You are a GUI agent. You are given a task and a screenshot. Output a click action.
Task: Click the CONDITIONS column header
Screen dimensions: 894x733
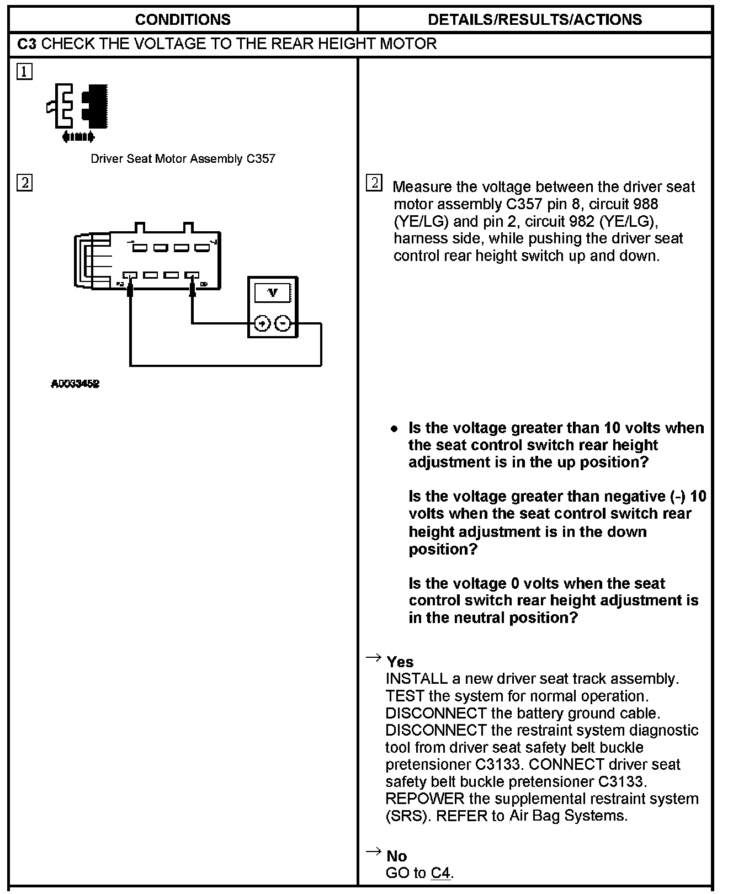[x=183, y=20]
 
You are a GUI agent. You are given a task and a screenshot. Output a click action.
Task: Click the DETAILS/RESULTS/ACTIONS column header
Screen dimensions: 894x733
[x=534, y=20]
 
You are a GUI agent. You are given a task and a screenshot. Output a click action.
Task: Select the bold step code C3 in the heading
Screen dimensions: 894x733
[x=26, y=44]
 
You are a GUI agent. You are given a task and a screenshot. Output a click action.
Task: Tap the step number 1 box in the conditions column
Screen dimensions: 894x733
[x=24, y=72]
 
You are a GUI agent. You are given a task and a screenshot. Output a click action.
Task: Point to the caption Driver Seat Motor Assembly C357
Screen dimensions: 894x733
[x=183, y=159]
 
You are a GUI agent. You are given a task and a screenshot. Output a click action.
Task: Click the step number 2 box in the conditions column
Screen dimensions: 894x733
[x=24, y=183]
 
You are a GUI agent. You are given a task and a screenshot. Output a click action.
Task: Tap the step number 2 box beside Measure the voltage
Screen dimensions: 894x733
[x=374, y=183]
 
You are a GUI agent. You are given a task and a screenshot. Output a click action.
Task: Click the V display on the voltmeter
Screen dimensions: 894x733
[x=273, y=293]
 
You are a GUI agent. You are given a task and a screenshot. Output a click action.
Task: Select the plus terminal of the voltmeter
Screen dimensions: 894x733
[x=262, y=323]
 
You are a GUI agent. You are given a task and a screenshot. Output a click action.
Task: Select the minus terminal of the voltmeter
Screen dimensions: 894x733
[x=283, y=323]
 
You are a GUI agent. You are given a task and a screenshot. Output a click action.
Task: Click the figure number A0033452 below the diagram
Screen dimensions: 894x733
[x=75, y=384]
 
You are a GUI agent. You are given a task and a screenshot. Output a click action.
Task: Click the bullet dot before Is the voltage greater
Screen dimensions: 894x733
[x=394, y=429]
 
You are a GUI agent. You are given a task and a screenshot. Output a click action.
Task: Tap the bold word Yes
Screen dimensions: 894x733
[x=400, y=662]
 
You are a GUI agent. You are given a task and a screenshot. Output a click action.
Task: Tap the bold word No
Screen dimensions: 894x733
[x=396, y=856]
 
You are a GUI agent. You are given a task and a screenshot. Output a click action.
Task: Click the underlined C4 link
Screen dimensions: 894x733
[x=440, y=873]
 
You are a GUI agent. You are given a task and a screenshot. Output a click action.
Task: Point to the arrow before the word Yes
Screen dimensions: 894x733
[x=373, y=657]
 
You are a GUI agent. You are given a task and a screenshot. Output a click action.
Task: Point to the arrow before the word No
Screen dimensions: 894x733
[x=373, y=852]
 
